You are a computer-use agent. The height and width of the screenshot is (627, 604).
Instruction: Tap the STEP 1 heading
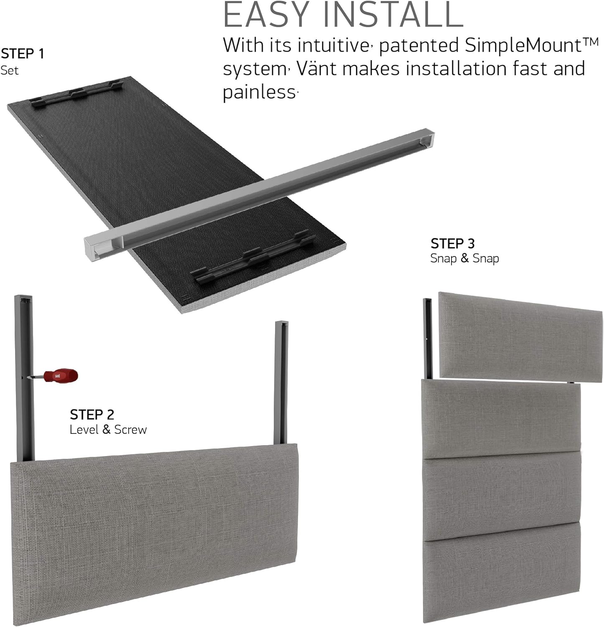[22, 54]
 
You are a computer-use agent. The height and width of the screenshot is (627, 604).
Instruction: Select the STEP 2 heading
[92, 414]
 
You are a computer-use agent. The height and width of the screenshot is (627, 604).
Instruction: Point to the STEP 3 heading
[453, 243]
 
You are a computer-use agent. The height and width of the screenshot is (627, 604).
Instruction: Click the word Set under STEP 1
[10, 70]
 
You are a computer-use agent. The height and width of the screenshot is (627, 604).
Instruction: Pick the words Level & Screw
[108, 429]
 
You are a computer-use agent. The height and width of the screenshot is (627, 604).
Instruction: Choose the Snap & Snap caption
[464, 258]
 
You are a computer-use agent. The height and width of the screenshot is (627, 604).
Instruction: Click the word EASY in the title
[268, 15]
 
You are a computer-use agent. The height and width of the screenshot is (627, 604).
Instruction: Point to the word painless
[259, 92]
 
